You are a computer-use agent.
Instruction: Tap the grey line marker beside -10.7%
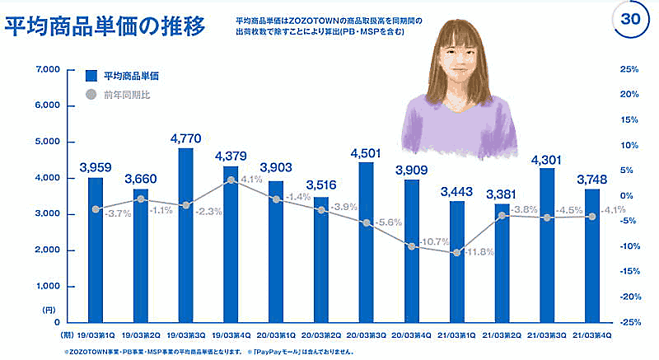(x=411, y=245)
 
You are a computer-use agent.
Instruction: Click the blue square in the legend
(x=92, y=75)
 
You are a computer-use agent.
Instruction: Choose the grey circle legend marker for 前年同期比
(x=92, y=94)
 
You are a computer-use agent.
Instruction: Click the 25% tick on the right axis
(x=629, y=70)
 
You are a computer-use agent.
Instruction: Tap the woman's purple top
(x=457, y=124)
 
